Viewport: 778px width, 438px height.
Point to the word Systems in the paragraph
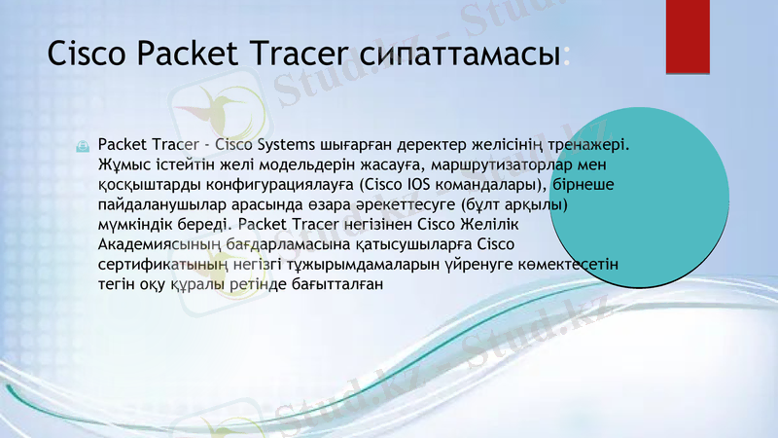(x=278, y=145)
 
